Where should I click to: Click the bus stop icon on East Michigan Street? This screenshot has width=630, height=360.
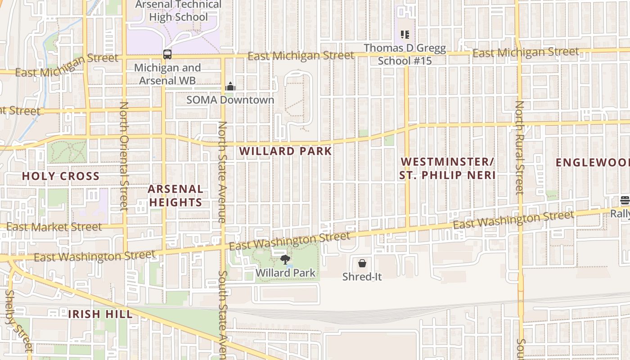click(167, 54)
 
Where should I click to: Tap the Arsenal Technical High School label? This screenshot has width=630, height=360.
click(179, 11)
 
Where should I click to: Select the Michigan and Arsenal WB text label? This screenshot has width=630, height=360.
click(167, 74)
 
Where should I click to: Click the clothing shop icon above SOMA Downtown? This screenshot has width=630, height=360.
click(230, 86)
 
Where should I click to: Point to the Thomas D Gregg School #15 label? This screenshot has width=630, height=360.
click(405, 54)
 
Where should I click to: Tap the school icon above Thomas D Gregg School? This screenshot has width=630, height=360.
click(405, 35)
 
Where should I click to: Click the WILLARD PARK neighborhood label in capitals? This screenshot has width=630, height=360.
click(286, 151)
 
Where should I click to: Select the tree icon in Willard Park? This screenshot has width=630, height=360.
click(285, 259)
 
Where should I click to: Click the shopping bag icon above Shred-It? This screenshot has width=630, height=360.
click(362, 263)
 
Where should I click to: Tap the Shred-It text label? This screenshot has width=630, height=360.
click(362, 277)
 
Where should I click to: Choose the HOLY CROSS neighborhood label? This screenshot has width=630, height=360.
click(61, 176)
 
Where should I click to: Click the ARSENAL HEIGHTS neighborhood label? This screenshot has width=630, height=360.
click(175, 196)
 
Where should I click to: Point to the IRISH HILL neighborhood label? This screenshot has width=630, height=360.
click(100, 314)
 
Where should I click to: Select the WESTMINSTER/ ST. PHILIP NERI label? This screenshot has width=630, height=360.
click(447, 168)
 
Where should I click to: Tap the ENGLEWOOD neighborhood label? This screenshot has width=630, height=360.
click(592, 162)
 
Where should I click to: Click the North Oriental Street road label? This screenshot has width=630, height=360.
click(124, 156)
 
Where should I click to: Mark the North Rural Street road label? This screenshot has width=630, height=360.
click(520, 148)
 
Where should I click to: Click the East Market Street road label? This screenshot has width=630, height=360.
click(54, 227)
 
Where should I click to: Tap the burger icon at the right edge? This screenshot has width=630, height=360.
click(625, 200)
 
